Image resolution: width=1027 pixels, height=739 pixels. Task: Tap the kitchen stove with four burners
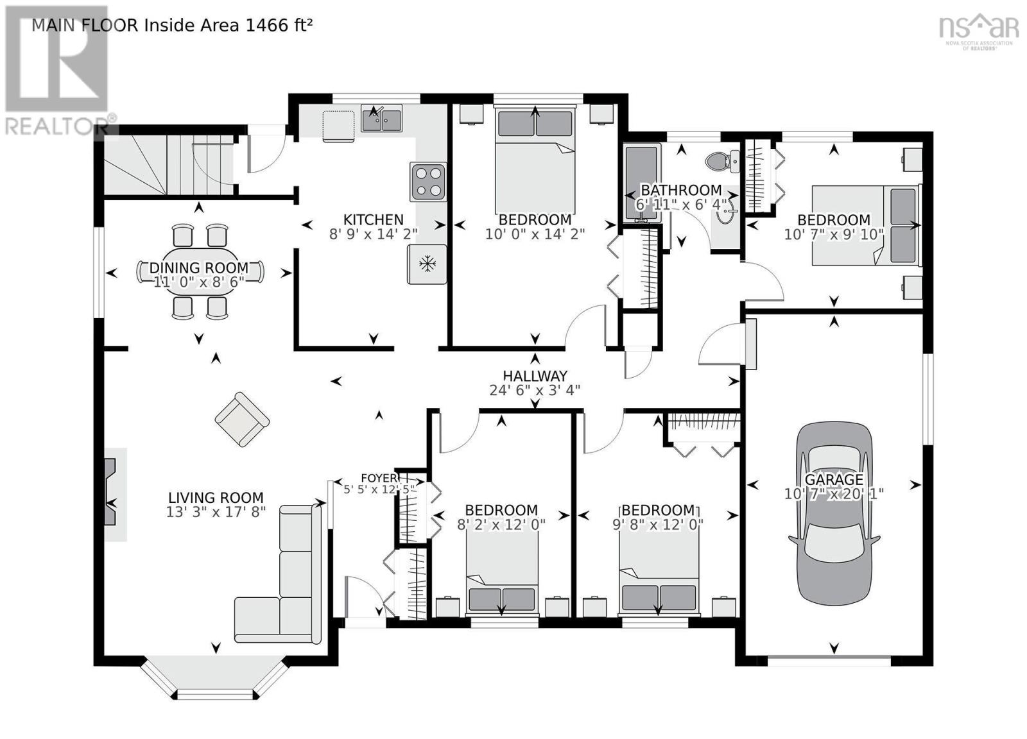pos(428,182)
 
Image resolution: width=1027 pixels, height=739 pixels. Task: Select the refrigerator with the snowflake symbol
pos(427,264)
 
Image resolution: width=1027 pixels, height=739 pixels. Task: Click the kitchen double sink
pos(381,118)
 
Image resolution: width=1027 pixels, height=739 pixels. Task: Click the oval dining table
pos(200,272)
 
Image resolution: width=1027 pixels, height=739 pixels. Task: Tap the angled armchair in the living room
pos(242,419)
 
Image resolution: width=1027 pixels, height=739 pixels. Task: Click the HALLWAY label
pos(535,376)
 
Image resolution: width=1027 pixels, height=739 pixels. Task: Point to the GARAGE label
pos(834,480)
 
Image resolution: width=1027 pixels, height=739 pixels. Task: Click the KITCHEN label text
pos(373,219)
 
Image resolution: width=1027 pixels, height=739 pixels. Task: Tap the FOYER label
pos(379,478)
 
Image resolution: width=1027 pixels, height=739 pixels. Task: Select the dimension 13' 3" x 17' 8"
pos(216,512)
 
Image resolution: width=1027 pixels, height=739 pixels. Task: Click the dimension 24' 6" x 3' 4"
pos(535,390)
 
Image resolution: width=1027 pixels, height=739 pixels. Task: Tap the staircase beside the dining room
pos(169,164)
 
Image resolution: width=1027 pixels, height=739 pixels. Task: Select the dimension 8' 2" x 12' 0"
pos(501,524)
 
